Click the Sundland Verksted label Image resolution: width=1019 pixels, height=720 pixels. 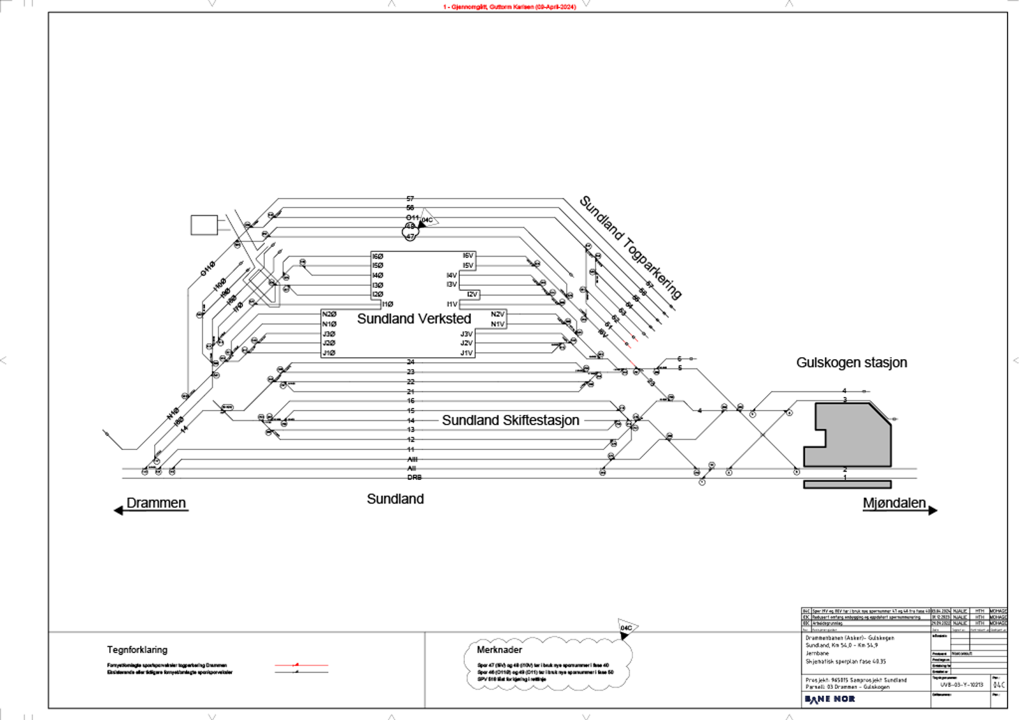(x=414, y=318)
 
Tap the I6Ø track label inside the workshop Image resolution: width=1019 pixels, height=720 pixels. (x=378, y=256)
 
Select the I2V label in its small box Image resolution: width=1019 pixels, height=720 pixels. (x=472, y=294)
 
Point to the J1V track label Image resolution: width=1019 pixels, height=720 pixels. (x=466, y=353)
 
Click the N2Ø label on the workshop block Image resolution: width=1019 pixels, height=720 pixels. (x=329, y=314)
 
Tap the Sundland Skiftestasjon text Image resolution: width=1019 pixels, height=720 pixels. (x=510, y=420)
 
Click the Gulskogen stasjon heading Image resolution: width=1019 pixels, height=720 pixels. (x=851, y=362)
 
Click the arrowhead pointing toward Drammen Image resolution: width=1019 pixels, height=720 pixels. (x=118, y=511)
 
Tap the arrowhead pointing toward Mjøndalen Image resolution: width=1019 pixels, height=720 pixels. (x=932, y=511)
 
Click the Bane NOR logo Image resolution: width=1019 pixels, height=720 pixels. (x=829, y=699)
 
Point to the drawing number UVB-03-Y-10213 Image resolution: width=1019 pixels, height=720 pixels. (x=962, y=685)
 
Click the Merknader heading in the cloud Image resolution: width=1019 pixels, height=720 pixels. (x=499, y=649)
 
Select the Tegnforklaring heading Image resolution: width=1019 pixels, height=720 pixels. (x=137, y=649)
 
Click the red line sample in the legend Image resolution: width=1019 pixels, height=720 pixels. (x=301, y=665)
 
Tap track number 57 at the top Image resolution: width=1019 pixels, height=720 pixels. (x=410, y=199)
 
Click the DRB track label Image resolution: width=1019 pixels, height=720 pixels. (x=414, y=477)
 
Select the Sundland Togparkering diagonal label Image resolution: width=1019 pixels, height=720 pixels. (x=630, y=247)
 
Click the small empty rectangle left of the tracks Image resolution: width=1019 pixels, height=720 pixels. (x=204, y=225)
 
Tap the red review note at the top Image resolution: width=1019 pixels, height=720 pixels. (x=509, y=6)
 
